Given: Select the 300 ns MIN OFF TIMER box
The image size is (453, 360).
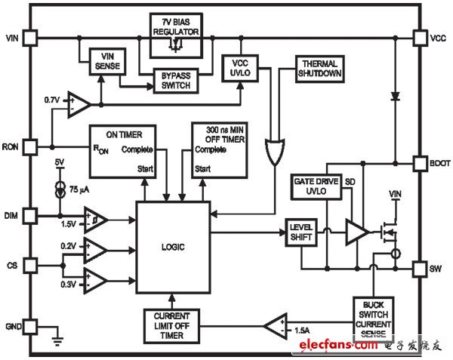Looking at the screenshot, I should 220,151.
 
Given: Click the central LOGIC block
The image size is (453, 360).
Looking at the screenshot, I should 173,247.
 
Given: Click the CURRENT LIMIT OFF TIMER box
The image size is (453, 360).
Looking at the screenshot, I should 171,326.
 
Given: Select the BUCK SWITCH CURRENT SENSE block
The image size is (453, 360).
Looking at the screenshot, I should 373,318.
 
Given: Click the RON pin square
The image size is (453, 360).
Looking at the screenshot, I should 30,146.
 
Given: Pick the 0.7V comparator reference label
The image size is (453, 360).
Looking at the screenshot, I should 52,99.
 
